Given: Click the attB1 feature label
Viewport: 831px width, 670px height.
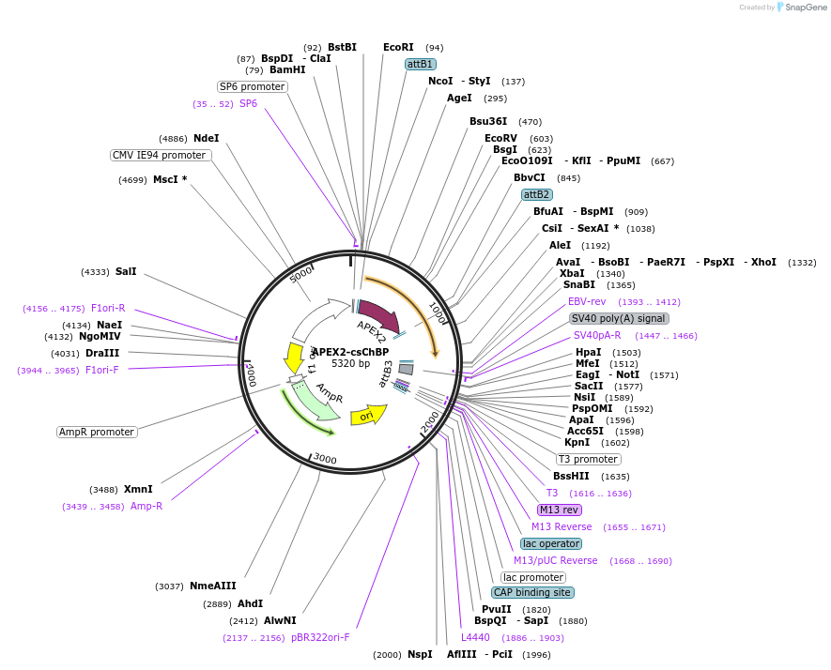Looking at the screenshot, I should (x=420, y=64).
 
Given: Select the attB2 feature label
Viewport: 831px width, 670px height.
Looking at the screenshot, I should (x=536, y=194).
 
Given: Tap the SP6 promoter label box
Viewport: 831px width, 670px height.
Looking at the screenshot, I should (x=253, y=86).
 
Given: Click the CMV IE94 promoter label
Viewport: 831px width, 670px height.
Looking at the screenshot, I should (x=160, y=155).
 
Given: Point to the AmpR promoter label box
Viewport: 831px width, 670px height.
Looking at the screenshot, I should (x=97, y=432).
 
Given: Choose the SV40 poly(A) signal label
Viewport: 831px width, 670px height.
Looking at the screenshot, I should (x=619, y=318).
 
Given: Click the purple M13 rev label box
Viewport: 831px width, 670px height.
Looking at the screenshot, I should (x=559, y=510).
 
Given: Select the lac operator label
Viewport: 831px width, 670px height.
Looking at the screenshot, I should (x=551, y=543).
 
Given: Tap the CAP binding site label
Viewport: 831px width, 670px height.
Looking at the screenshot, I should (x=532, y=592).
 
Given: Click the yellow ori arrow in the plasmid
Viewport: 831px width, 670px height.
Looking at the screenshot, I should (x=367, y=415).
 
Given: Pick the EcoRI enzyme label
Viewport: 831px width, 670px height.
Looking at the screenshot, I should (x=398, y=47).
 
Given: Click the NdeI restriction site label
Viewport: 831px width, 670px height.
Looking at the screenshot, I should (x=207, y=138).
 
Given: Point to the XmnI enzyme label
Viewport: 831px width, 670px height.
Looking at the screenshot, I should (x=138, y=489).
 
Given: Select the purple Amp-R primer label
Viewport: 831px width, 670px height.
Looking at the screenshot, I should (x=146, y=506).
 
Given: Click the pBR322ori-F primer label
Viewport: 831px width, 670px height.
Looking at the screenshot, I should (x=320, y=637).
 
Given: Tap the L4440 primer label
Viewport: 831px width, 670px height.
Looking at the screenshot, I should (x=475, y=637).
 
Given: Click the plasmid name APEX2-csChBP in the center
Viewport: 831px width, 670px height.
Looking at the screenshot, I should (x=350, y=352).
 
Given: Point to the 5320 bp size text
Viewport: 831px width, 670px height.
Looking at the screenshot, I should (x=350, y=363).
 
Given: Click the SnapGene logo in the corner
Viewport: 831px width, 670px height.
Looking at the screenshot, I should (x=796, y=7).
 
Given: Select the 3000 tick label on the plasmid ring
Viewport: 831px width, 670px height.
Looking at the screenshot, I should (x=325, y=458).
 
